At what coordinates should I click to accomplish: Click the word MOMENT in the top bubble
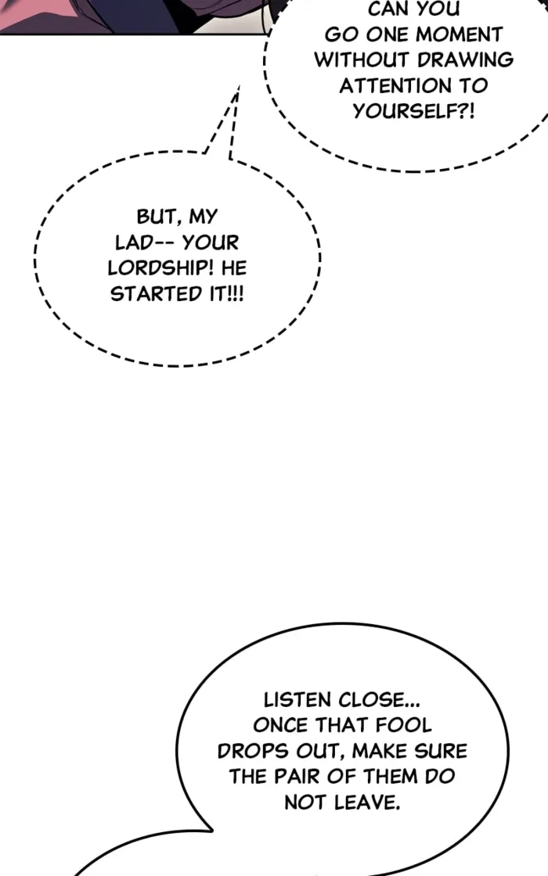click(x=459, y=34)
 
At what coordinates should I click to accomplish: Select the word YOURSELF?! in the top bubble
click(x=413, y=111)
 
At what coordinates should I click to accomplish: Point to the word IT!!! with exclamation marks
click(x=226, y=294)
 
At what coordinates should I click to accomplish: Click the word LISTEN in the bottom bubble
click(x=297, y=699)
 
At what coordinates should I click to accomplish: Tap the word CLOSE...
click(x=379, y=699)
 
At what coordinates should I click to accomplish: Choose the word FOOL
click(x=403, y=725)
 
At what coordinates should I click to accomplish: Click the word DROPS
click(x=253, y=751)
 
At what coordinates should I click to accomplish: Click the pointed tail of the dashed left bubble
click(x=239, y=87)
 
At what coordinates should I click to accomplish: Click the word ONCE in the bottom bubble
click(x=281, y=725)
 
